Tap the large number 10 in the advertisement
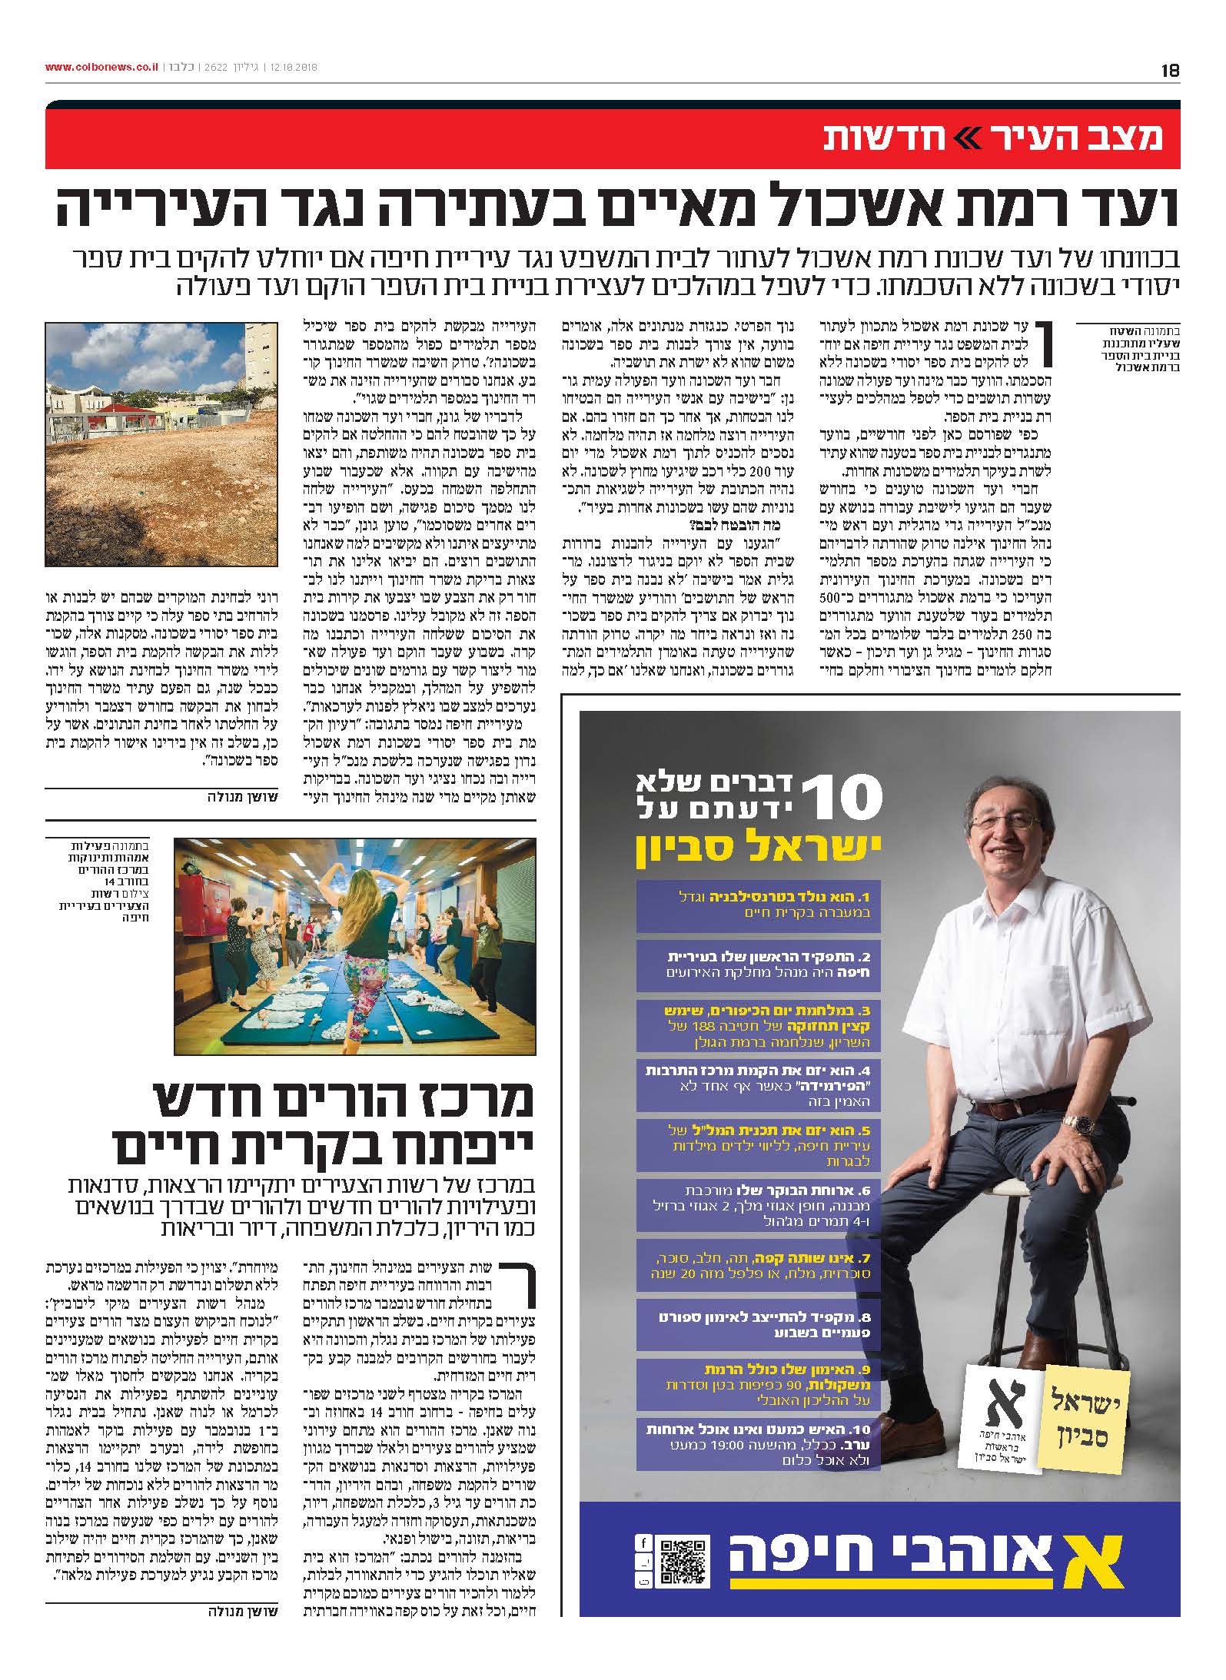841,797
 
